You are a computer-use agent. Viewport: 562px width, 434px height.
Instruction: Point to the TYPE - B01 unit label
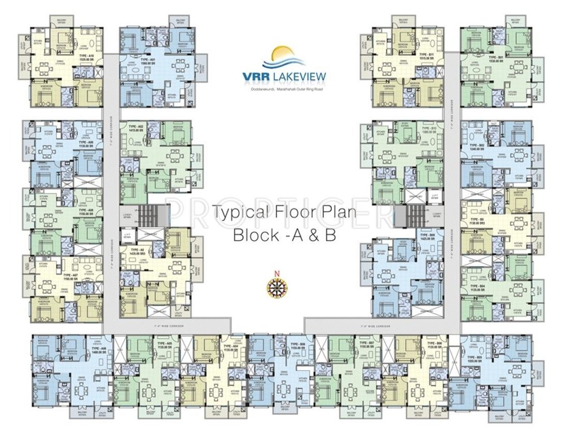[x=496, y=58]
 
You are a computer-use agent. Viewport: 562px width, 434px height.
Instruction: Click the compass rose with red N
[x=277, y=284]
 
